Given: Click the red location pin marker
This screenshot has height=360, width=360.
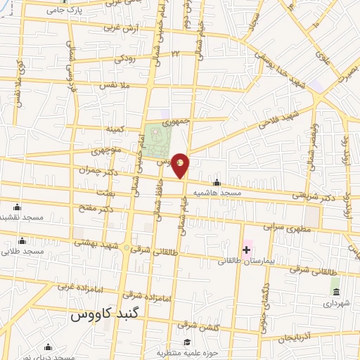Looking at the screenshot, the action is tap(181, 164).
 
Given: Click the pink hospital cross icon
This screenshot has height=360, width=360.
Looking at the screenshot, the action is tap(247, 250).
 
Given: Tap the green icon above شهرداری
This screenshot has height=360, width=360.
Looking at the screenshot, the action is tap(335, 292).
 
